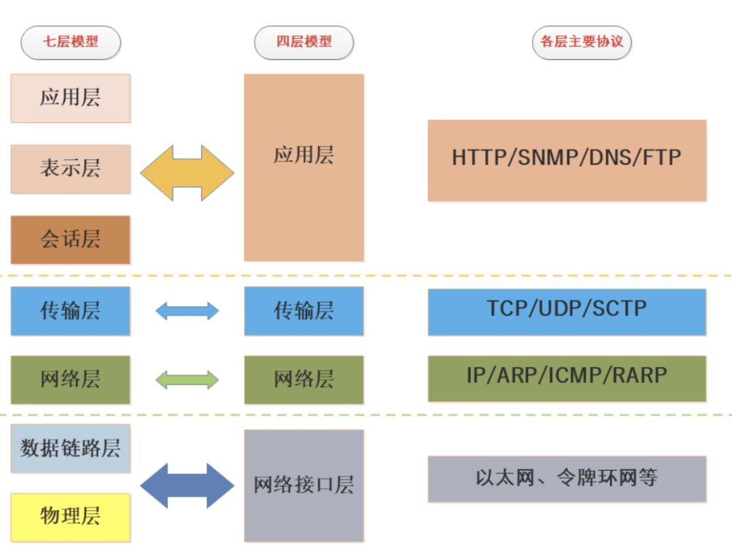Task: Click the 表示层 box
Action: (70, 169)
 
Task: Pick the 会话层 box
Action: (70, 239)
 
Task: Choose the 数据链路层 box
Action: (70, 448)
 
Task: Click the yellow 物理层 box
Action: (70, 517)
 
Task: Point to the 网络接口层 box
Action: (304, 486)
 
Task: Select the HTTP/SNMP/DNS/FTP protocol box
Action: (567, 160)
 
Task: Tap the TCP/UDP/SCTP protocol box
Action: (567, 311)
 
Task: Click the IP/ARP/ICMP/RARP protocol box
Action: (567, 378)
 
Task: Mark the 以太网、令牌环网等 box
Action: (567, 479)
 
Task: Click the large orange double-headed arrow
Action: (187, 173)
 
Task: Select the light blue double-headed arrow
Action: (187, 311)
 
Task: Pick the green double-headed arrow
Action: (187, 380)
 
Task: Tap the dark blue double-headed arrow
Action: (187, 486)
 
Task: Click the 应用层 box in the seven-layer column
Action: (70, 98)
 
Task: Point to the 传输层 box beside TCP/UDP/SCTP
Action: (304, 311)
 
